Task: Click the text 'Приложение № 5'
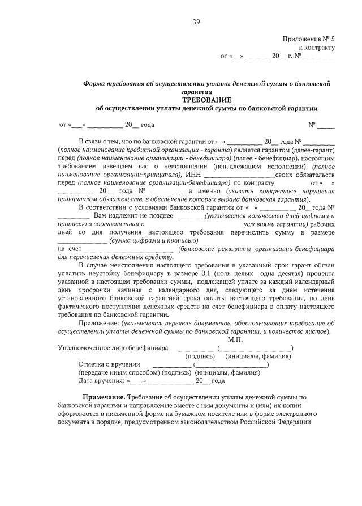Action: point(308,39)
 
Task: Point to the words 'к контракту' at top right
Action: point(316,48)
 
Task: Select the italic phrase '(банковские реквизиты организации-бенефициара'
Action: point(256,249)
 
